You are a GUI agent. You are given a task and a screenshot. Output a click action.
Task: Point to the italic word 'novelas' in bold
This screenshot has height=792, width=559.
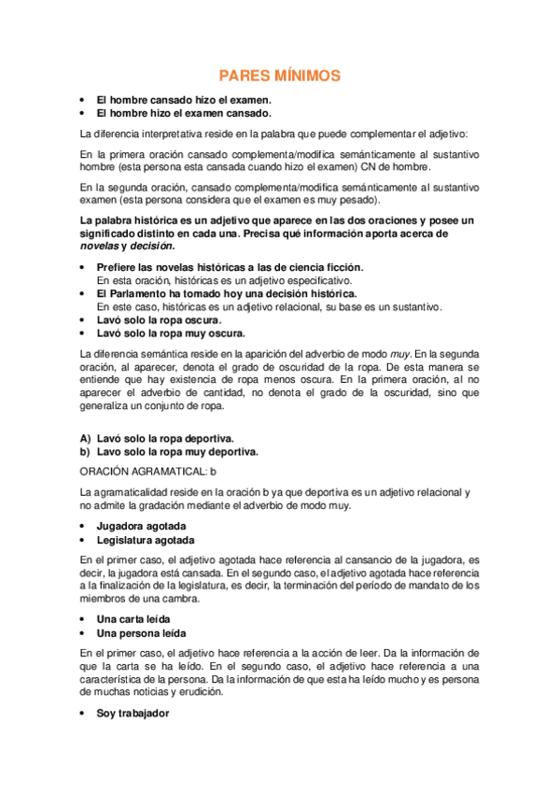click(100, 247)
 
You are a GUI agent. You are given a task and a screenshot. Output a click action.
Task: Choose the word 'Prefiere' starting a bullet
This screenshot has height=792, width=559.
click(120, 267)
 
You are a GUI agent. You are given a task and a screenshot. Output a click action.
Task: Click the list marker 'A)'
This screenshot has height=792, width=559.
click(85, 437)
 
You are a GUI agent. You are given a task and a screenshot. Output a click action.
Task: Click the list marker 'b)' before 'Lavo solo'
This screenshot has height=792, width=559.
click(85, 451)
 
